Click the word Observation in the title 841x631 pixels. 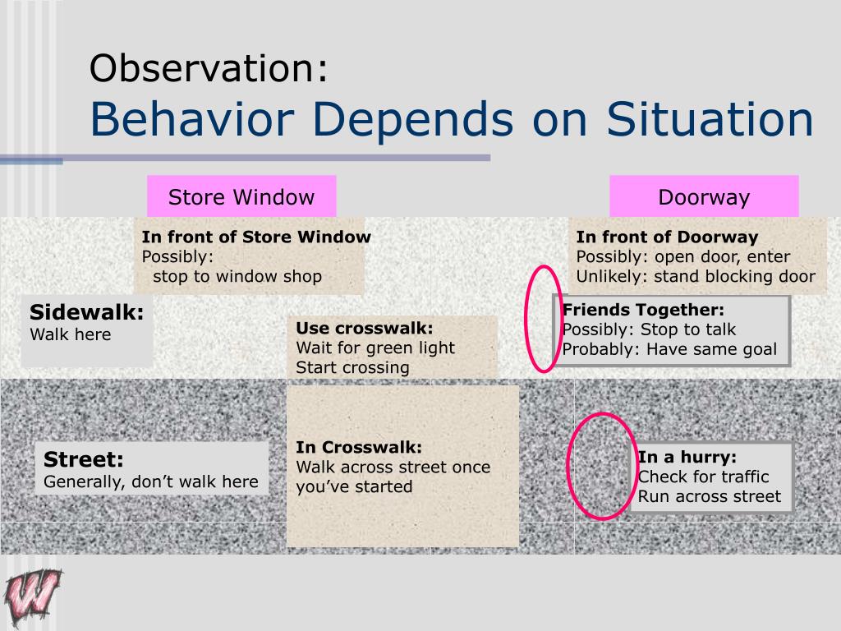(203, 68)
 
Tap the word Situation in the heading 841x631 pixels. (710, 118)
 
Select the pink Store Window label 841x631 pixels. (241, 196)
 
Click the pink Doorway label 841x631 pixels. (704, 196)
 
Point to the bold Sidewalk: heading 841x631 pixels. (87, 312)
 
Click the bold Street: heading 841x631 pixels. (84, 459)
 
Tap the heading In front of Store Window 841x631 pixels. (256, 237)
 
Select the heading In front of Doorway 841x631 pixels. (667, 237)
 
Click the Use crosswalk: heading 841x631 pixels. (364, 328)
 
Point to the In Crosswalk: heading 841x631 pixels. (359, 447)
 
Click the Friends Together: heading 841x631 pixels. (643, 310)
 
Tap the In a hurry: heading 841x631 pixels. (687, 457)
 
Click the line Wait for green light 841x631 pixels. (375, 348)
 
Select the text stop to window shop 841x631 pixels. (237, 276)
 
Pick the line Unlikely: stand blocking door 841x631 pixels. (696, 276)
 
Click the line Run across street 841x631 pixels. (709, 496)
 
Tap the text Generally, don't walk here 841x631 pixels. (151, 481)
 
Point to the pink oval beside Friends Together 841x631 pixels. (526, 319)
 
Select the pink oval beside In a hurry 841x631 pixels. (568, 466)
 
